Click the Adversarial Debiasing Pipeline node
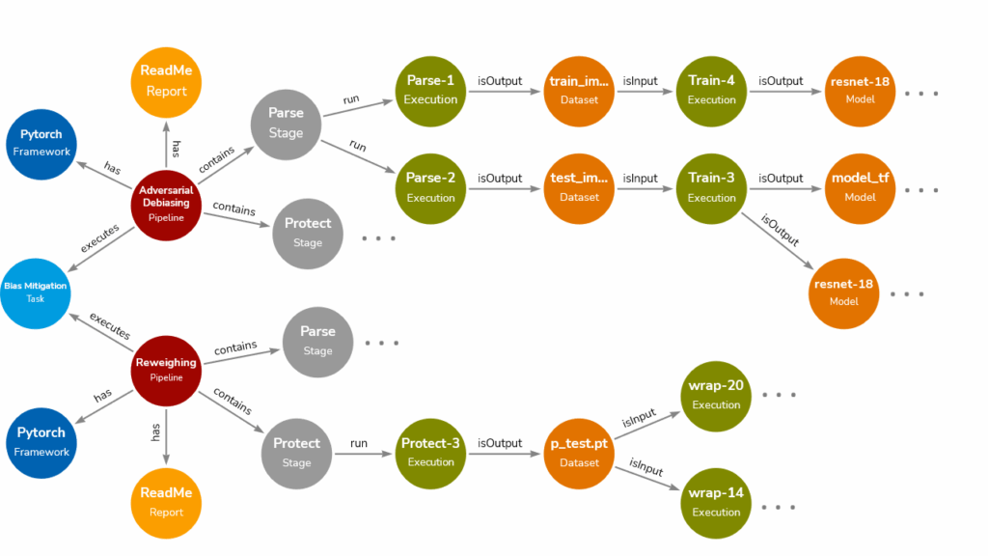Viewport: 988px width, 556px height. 166,203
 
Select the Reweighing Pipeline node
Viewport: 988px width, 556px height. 166,371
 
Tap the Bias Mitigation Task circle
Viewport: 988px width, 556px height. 35,292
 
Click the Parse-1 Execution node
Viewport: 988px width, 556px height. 430,89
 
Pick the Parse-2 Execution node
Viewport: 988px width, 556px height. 430,186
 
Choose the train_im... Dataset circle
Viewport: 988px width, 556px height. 579,89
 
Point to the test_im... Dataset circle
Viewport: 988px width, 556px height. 579,186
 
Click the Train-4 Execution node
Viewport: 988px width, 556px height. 712,89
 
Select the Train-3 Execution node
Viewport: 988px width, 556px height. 712,186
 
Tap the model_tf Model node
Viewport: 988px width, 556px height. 860,186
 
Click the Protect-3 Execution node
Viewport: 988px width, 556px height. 430,451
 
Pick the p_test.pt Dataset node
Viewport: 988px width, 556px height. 579,452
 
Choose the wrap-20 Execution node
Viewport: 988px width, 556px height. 716,394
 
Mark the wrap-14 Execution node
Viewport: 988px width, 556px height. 716,502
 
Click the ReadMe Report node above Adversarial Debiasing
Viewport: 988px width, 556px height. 166,81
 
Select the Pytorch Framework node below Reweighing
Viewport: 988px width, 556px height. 41,441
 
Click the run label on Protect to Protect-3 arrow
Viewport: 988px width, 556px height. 359,443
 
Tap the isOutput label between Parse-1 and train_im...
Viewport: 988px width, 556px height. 500,81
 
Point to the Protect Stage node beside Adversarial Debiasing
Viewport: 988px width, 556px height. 308,233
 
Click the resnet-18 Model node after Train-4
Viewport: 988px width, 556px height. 860,89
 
